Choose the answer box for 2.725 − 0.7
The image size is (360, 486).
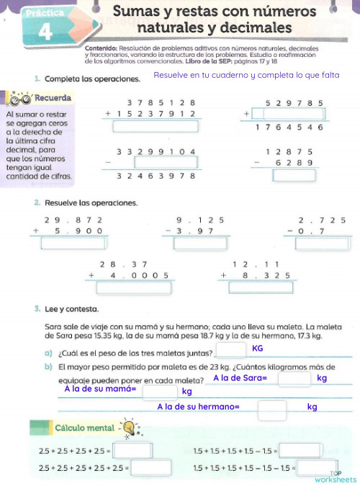click(320, 243)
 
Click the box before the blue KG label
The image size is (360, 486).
click(230, 349)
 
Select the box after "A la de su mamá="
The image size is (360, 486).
click(160, 392)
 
